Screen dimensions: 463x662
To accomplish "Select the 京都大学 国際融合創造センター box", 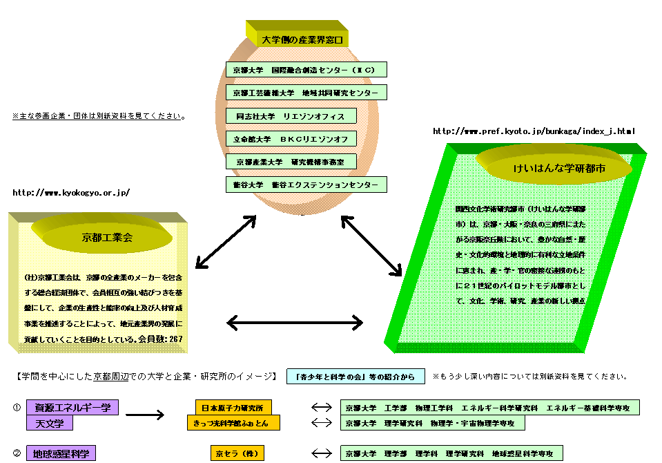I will pos(306,70).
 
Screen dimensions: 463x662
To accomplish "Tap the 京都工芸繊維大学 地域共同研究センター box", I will pos(306,93).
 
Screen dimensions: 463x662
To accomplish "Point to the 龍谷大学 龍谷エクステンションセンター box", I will pos(306,185).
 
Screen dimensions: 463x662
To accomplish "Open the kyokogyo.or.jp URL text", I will pos(70,193).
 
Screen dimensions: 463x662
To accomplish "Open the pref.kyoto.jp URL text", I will pos(533,131).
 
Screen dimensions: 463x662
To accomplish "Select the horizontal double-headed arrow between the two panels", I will pos(295,322).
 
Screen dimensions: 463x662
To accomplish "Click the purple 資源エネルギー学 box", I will pos(72,407).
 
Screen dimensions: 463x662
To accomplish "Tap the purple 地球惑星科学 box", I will pos(61,454).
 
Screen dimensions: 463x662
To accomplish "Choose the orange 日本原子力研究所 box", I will pos(233,408).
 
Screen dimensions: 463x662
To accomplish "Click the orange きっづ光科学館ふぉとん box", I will pos(233,422).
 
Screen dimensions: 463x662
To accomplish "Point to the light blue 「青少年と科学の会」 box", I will pos(356,377).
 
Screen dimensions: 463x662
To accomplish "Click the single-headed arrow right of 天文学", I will pos(145,415).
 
